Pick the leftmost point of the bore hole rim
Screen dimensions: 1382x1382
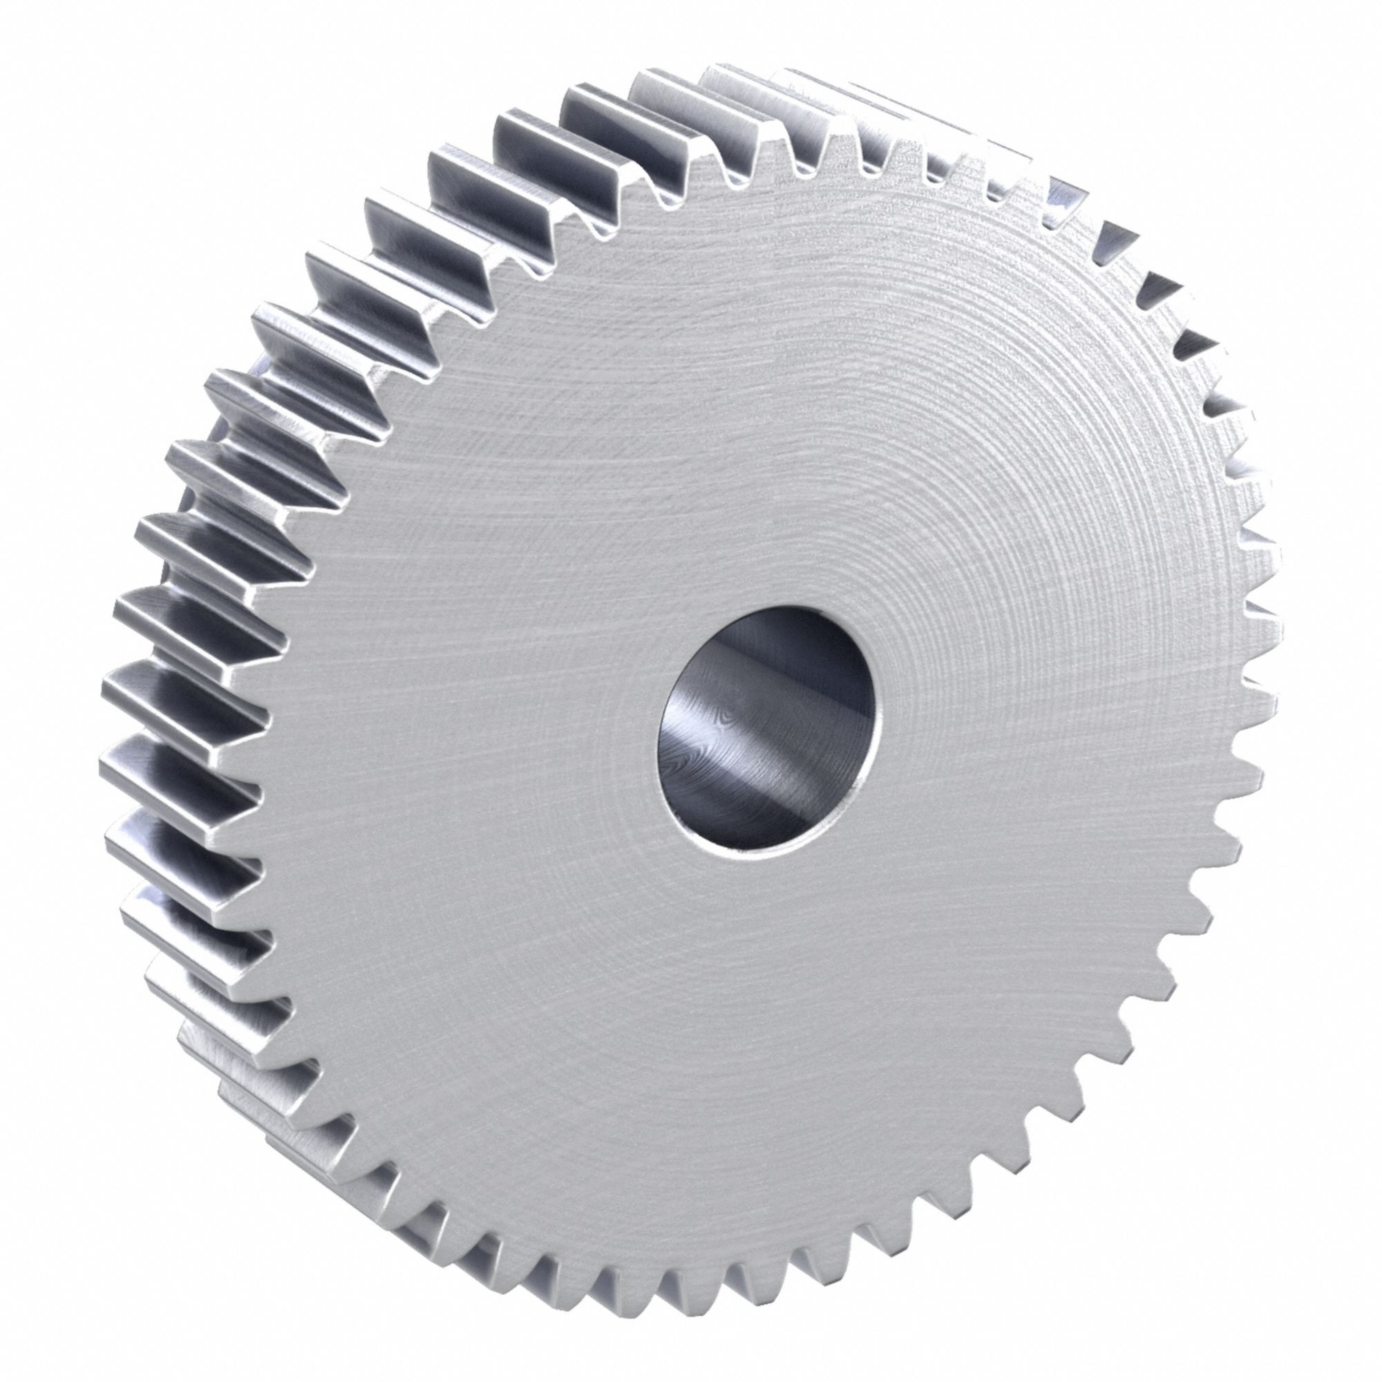pyautogui.click(x=656, y=744)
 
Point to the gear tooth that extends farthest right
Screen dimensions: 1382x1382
pyautogui.click(x=1266, y=630)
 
